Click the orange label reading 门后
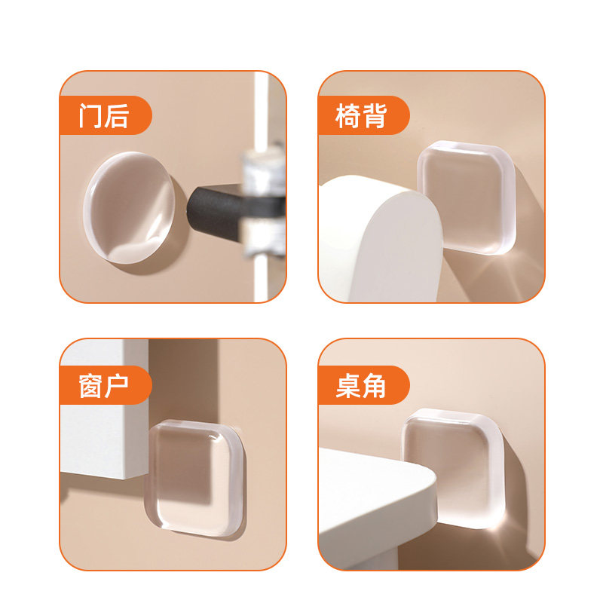pos(105,116)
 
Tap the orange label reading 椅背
pos(363,116)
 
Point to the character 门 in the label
pos(91,116)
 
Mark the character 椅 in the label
pos(349,116)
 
